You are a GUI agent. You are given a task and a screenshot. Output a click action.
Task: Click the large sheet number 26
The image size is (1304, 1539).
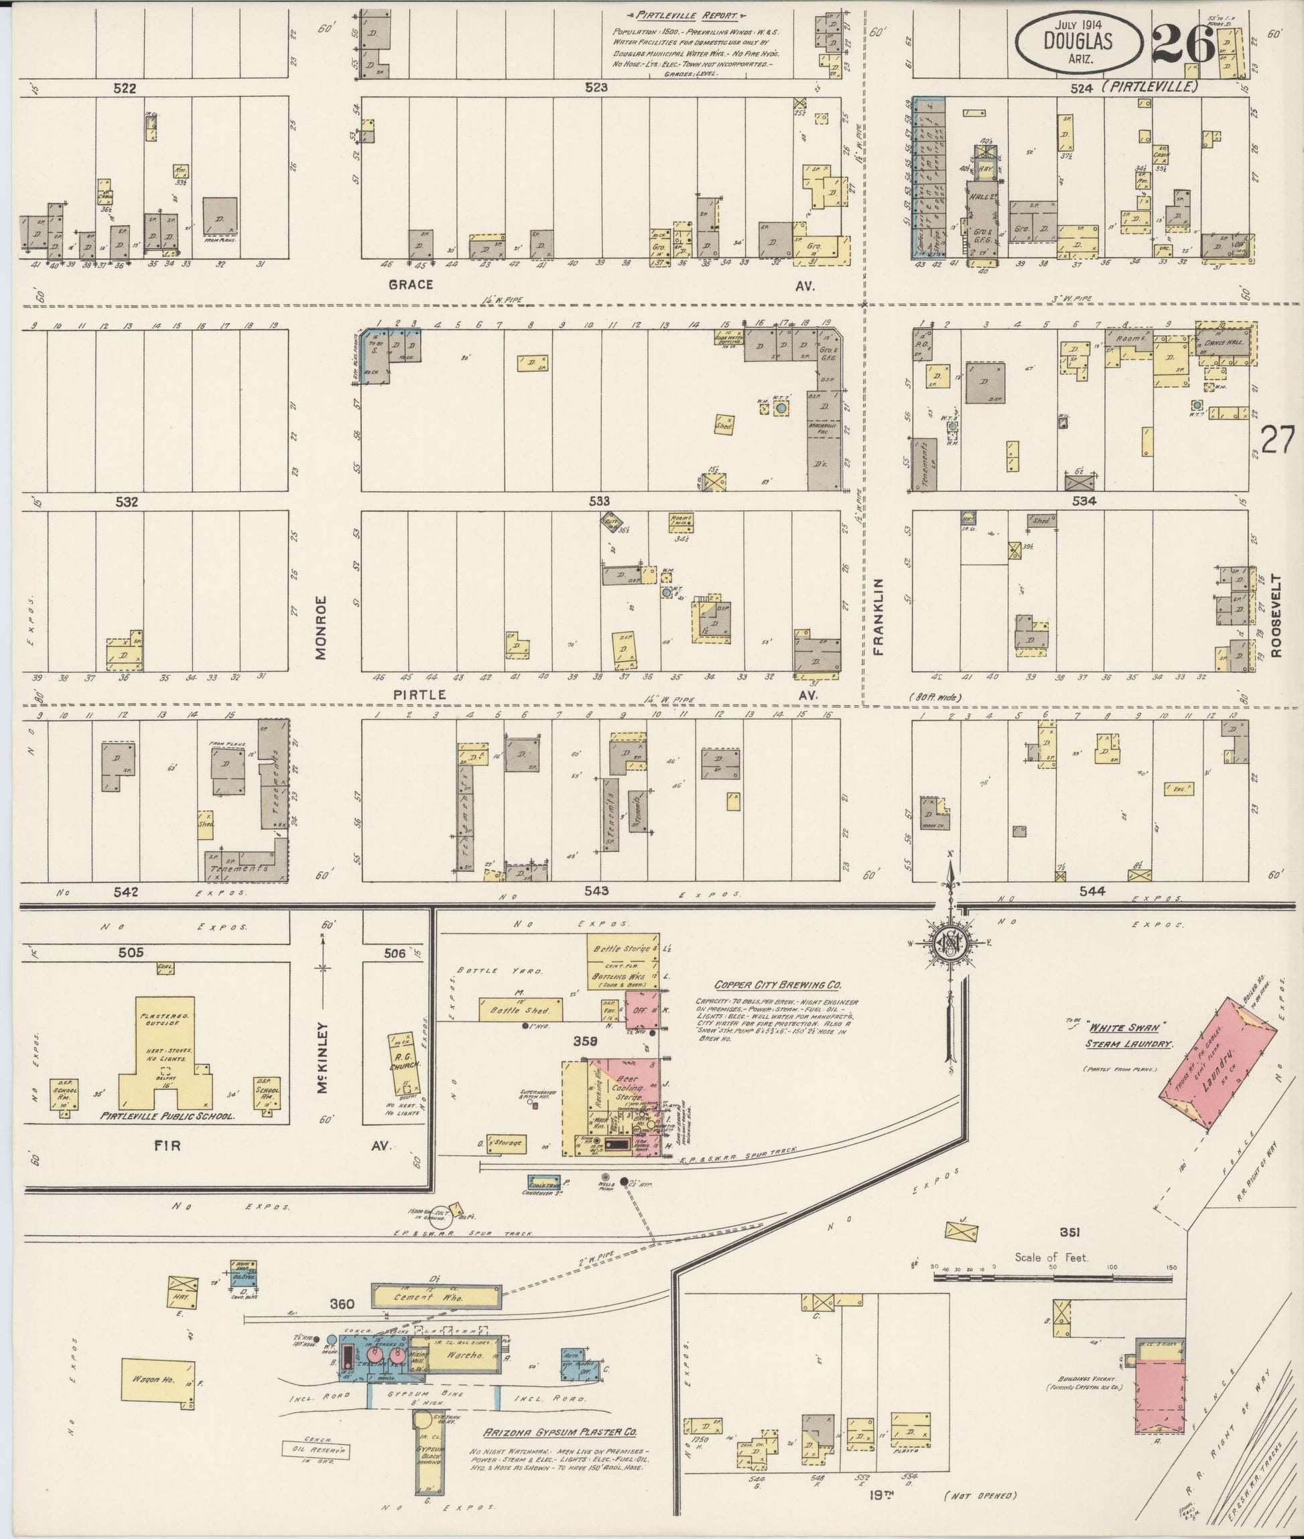pos(1183,44)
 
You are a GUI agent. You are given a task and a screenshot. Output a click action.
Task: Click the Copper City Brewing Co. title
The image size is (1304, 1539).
pos(778,985)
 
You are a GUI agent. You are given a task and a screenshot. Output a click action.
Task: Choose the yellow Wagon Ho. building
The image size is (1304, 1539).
pos(157,1379)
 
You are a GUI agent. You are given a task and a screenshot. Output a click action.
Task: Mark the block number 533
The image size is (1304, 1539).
pos(600,501)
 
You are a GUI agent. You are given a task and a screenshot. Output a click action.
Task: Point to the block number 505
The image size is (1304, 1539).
pos(131,953)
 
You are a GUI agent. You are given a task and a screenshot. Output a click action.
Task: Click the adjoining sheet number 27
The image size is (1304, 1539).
pos(1277,442)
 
